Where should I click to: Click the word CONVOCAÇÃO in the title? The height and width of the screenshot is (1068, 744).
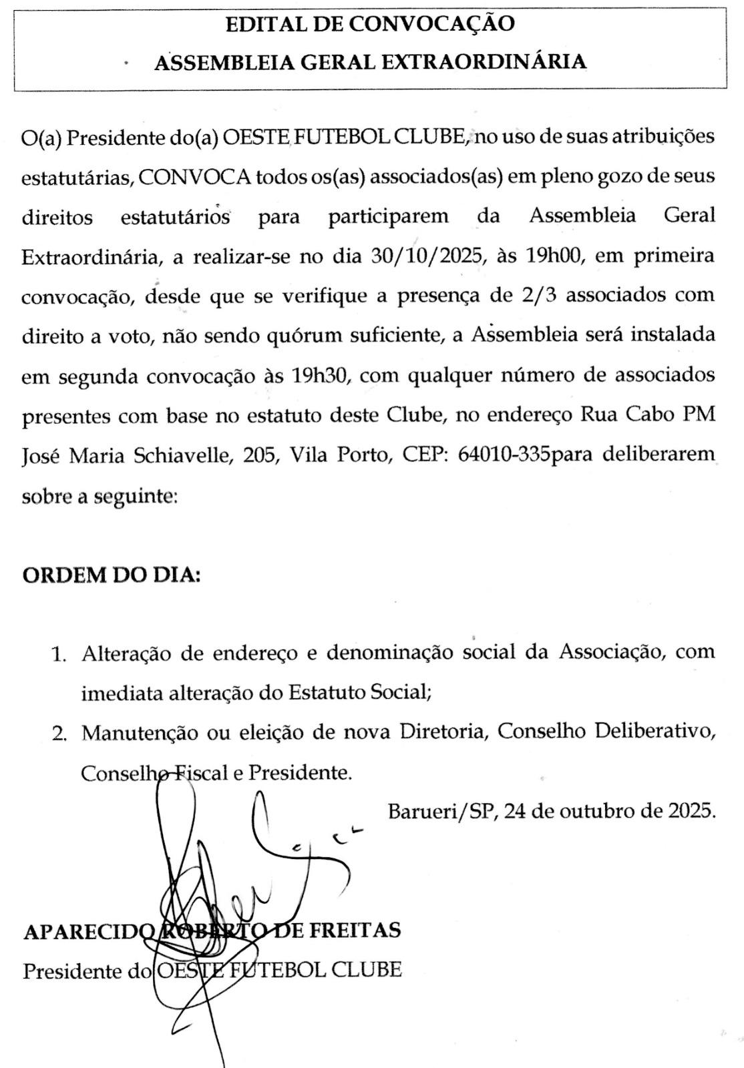tap(432, 24)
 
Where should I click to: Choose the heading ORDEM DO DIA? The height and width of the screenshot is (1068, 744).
tap(111, 575)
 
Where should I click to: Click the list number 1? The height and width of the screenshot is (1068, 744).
tap(59, 654)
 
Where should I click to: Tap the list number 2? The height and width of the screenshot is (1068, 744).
tap(59, 734)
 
